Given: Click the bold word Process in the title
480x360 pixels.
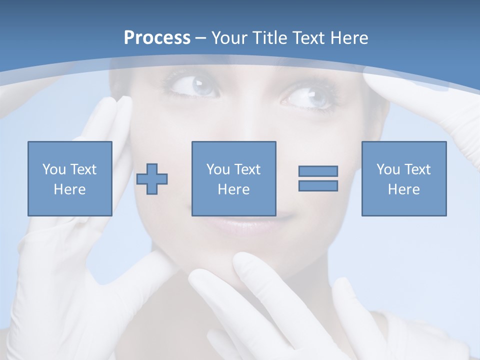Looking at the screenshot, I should point(157,38).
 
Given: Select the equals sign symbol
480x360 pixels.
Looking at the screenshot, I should point(318,178).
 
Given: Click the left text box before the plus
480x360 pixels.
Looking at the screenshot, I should point(70,178).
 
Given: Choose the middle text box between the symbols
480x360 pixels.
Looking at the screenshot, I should point(233,178).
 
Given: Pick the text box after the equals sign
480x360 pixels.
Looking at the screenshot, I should point(403,178).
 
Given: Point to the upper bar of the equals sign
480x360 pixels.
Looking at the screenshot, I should point(318,171).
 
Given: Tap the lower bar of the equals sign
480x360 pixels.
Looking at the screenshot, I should point(318,186).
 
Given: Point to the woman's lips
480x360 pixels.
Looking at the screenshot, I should point(260,225).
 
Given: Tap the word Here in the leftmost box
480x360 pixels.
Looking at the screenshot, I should point(70,189).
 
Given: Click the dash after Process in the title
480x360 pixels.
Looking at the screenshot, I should point(201,38).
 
